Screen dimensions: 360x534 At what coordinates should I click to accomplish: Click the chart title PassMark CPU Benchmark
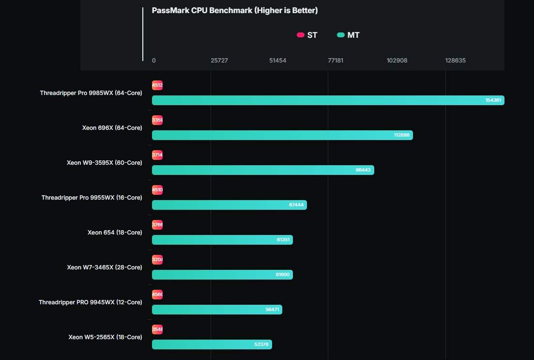point(235,11)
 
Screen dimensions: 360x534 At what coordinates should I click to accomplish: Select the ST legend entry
point(307,35)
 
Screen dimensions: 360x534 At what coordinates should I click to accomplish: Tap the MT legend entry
point(348,35)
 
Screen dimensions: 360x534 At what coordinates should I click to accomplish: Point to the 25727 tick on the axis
point(219,61)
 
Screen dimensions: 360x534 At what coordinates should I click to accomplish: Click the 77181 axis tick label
point(336,61)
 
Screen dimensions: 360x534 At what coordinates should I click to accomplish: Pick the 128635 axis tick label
point(456,61)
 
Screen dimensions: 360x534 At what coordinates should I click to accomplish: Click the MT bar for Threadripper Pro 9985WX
point(328,100)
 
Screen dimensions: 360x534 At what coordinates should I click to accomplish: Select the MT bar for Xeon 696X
point(282,135)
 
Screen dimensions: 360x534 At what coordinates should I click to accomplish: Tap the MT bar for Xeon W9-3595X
point(263,170)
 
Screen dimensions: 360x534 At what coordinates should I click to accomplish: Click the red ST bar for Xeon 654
point(157,225)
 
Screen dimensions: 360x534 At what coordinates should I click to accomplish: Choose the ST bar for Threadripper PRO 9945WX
point(157,295)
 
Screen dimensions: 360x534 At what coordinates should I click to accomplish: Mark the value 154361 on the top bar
point(494,100)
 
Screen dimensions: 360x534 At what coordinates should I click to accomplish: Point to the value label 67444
point(296,205)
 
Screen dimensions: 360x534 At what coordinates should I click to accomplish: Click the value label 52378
point(261,344)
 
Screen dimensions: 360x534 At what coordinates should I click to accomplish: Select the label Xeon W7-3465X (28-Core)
point(105,267)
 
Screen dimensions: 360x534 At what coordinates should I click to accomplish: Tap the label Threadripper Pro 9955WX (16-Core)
point(92,198)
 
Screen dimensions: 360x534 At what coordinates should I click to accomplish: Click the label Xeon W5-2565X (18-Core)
point(106,337)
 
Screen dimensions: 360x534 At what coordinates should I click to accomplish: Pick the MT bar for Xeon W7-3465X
point(222,275)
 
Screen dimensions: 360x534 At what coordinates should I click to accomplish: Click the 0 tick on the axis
point(154,61)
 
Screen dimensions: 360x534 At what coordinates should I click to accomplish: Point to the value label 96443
point(363,170)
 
